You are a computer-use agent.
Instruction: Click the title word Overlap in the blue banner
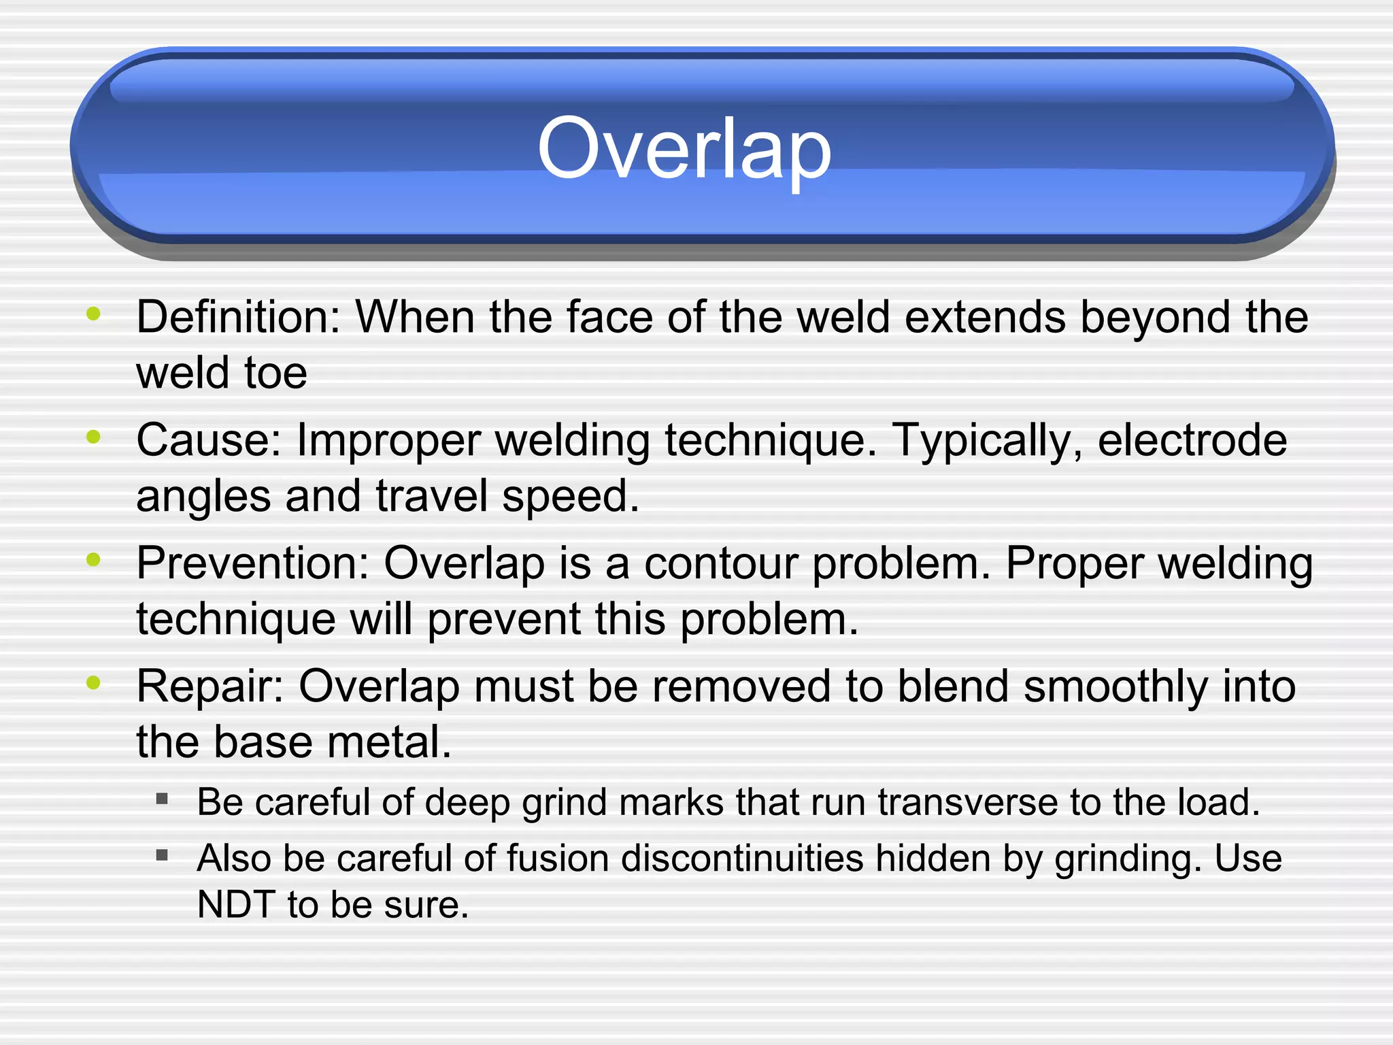click(684, 149)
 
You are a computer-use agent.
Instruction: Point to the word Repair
click(210, 686)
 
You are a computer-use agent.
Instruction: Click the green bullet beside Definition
click(94, 314)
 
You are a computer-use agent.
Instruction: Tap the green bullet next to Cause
click(94, 436)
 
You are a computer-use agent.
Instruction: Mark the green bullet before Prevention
click(94, 559)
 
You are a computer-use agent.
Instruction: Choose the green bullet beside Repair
click(94, 682)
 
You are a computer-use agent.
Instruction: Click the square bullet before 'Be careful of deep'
click(162, 798)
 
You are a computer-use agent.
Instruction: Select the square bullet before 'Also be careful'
click(162, 855)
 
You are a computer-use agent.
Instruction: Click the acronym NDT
click(236, 905)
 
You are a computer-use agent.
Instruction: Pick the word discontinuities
click(741, 858)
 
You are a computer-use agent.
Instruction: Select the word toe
click(275, 374)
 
